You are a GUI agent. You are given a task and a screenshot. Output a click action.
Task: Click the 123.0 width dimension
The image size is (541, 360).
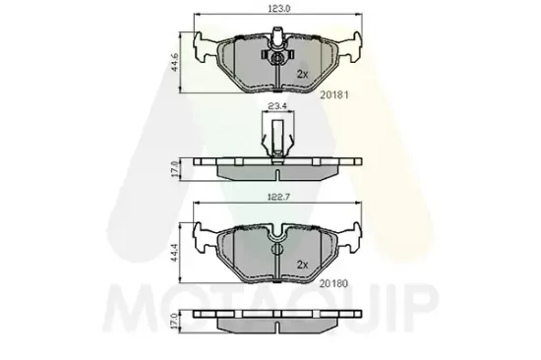(278, 9)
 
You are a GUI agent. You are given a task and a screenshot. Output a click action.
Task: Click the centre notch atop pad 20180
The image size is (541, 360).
(278, 234)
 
